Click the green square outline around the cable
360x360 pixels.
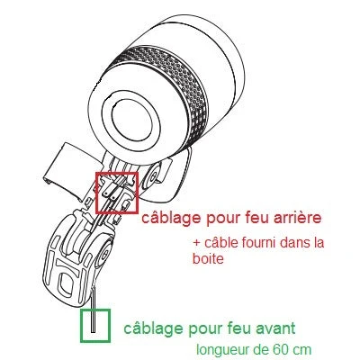[x=94, y=325]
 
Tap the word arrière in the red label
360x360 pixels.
[x=292, y=219]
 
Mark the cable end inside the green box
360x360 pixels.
[x=94, y=322]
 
